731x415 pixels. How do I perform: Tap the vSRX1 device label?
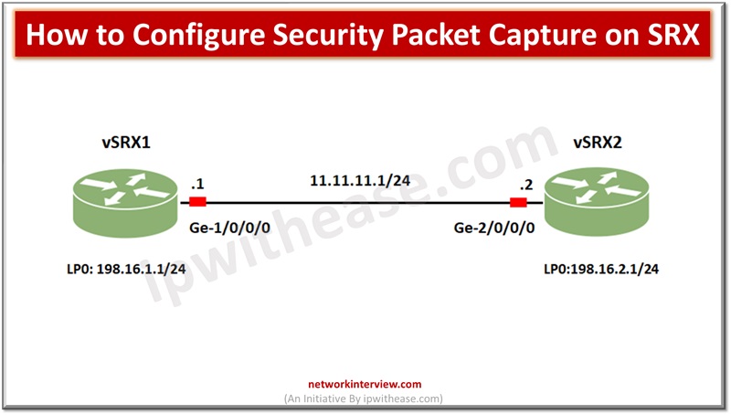(x=125, y=144)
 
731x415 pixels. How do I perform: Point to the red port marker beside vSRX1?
(x=196, y=203)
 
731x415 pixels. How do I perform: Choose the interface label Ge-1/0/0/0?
(x=228, y=225)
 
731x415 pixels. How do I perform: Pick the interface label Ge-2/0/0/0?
(x=493, y=225)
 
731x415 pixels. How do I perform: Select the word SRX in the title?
(x=676, y=37)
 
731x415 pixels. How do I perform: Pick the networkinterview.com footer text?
(x=365, y=386)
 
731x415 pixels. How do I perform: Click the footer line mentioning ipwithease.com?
(x=365, y=399)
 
